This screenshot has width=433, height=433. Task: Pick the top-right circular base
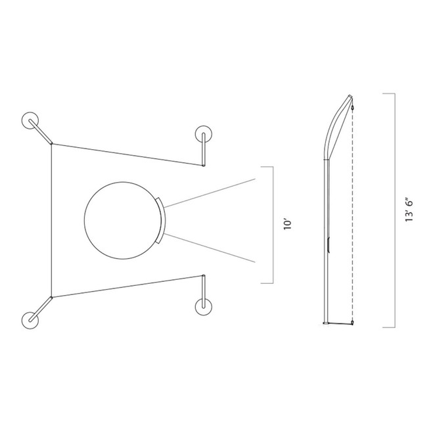203,134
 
